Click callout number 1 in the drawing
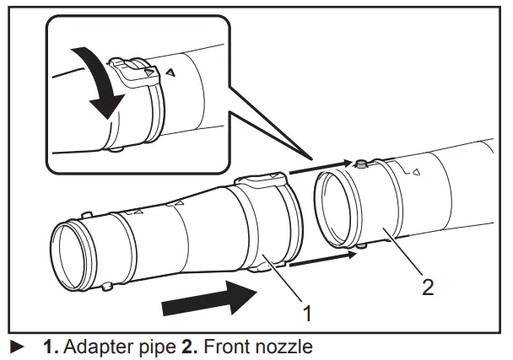307,314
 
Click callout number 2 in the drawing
428,287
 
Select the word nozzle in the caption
286,346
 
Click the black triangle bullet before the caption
15,346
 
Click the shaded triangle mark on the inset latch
149,74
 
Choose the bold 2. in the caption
189,346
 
